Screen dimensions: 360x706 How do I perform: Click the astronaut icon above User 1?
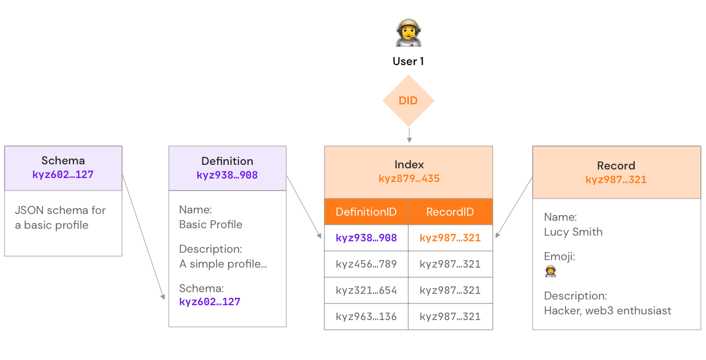pyautogui.click(x=408, y=33)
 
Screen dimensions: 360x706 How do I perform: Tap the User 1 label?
pyautogui.click(x=408, y=62)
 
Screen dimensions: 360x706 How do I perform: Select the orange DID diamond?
pyautogui.click(x=408, y=101)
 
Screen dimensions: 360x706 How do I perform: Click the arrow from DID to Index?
pyautogui.click(x=409, y=136)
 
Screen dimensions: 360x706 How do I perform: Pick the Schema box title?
pyautogui.click(x=63, y=161)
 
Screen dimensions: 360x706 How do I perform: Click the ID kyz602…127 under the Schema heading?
pyautogui.click(x=63, y=175)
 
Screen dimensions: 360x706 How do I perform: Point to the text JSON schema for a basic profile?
pyautogui.click(x=60, y=217)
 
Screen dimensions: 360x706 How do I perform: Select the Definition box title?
pyautogui.click(x=227, y=161)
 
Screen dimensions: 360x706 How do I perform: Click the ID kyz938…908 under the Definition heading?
pyautogui.click(x=227, y=175)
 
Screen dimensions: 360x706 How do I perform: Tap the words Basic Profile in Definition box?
pyautogui.click(x=210, y=224)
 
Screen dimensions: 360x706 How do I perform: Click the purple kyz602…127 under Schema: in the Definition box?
pyautogui.click(x=210, y=302)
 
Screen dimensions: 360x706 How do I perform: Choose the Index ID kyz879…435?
pyautogui.click(x=409, y=179)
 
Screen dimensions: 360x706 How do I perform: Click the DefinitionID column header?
pyautogui.click(x=366, y=212)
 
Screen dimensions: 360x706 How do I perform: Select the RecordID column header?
pyautogui.click(x=450, y=212)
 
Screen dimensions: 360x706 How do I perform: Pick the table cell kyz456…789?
pyautogui.click(x=366, y=264)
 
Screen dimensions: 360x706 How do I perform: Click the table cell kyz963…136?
pyautogui.click(x=366, y=317)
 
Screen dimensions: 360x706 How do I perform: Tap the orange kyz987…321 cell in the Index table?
pyautogui.click(x=450, y=238)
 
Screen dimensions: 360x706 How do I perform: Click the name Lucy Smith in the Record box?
pyautogui.click(x=573, y=232)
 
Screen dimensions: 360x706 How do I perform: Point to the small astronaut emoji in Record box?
pyautogui.click(x=550, y=272)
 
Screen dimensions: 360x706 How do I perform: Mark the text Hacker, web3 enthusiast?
pyautogui.click(x=607, y=310)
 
